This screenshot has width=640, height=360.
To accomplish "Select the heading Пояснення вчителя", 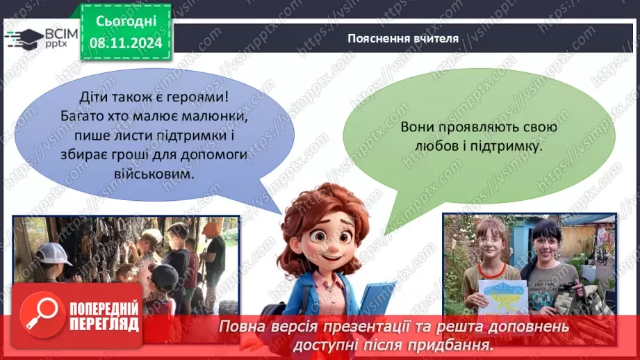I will (x=403, y=38).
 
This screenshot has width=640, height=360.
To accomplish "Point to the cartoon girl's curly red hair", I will (x=323, y=208).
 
